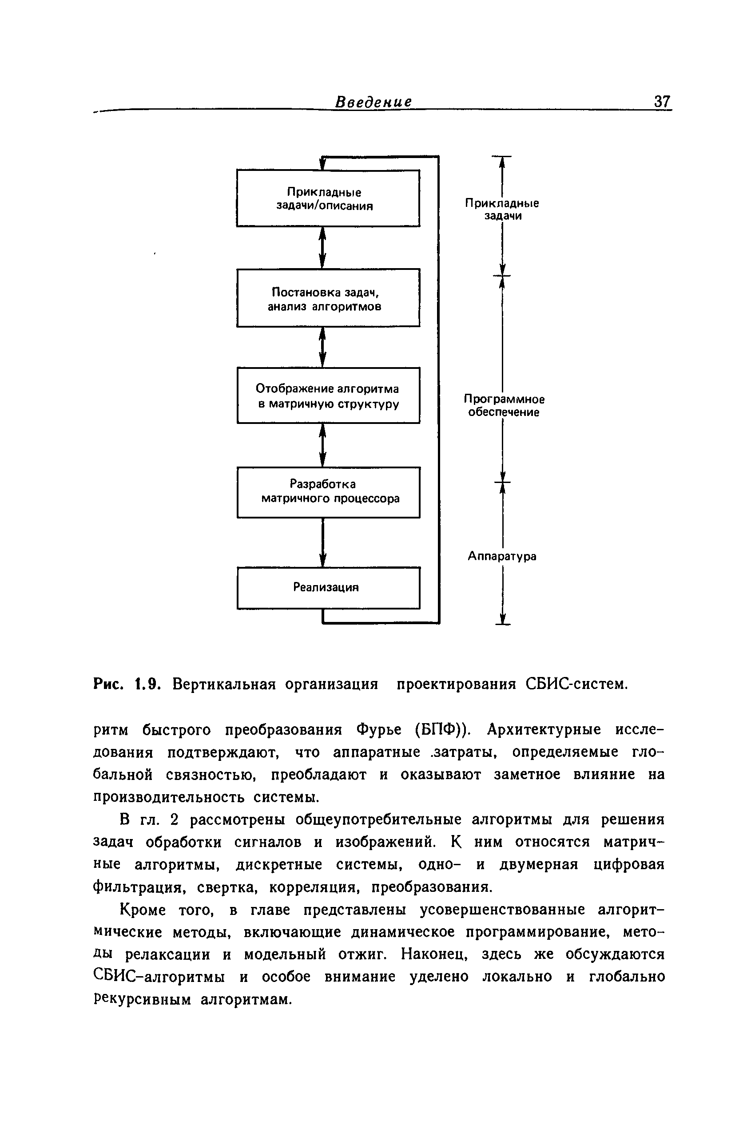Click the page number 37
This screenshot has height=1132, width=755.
[662, 102]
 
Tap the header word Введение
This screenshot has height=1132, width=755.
[374, 102]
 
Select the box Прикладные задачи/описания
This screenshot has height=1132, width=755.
[328, 198]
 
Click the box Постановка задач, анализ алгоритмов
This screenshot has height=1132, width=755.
[328, 298]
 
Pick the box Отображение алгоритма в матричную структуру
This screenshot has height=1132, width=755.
[328, 396]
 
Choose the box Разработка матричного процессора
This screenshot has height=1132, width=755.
[328, 492]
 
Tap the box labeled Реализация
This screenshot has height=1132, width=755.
[328, 587]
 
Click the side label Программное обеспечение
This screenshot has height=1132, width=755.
[504, 405]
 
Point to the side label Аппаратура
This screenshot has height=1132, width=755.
[502, 556]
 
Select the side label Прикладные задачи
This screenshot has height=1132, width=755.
[502, 210]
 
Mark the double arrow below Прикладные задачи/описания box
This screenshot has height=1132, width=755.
[322, 247]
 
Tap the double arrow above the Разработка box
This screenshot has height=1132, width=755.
[322, 445]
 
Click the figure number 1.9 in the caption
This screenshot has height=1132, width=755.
[147, 684]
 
